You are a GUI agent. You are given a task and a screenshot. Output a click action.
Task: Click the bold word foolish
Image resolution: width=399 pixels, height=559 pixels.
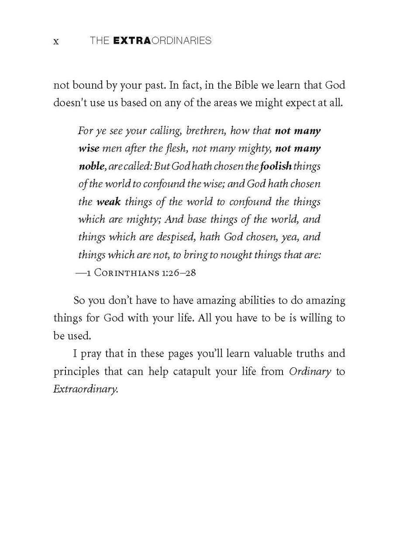[275, 166]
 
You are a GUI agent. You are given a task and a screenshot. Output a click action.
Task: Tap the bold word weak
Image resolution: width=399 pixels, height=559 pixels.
[108, 202]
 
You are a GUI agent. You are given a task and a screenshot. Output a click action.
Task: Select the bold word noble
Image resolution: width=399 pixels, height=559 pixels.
[91, 166]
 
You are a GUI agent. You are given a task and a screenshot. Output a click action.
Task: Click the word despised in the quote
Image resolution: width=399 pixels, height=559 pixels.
[171, 237]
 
